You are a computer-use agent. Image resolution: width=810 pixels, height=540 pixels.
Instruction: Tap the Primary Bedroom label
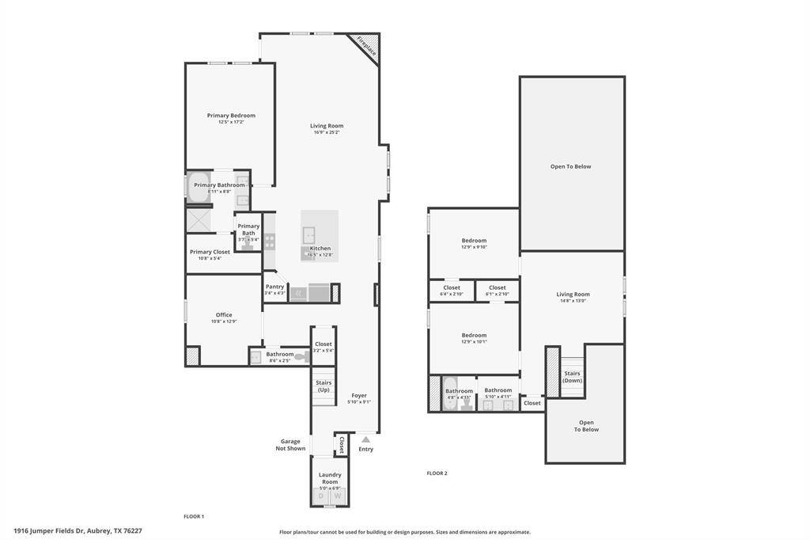(x=231, y=116)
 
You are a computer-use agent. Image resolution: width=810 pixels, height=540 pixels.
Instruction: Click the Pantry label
(x=274, y=287)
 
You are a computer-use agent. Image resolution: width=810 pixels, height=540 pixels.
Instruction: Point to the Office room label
(x=224, y=314)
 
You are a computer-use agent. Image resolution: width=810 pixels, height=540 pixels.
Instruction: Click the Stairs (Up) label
(x=324, y=386)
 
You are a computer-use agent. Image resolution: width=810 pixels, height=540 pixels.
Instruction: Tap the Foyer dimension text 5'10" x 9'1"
(x=359, y=402)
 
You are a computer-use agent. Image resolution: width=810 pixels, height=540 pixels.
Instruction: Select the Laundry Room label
(x=330, y=478)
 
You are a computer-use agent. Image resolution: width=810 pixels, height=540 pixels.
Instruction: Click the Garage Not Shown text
(x=290, y=445)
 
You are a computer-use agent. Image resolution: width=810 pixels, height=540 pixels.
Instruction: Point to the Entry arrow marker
(x=365, y=438)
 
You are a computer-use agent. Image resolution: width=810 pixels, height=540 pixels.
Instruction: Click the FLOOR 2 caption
(x=437, y=473)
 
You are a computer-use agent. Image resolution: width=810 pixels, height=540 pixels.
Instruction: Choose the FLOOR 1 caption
(x=194, y=516)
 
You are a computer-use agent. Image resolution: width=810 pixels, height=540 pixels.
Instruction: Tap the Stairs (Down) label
(x=572, y=377)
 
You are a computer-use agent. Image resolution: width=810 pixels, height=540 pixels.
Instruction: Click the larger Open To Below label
(x=570, y=166)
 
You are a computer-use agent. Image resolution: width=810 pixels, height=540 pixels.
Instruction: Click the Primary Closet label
(x=210, y=252)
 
